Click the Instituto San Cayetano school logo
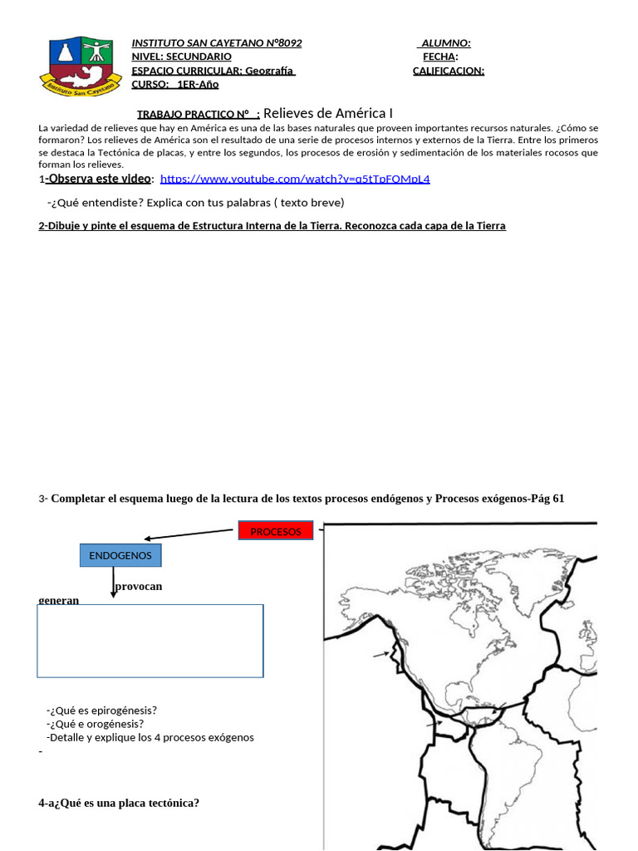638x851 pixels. (81, 66)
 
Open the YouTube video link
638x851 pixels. (295, 179)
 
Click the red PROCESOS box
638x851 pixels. (275, 531)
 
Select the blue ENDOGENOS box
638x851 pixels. (120, 554)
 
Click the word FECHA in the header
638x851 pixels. (439, 57)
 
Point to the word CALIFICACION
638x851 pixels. (448, 71)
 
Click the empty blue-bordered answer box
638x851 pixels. (150, 641)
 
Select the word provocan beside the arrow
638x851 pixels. (139, 586)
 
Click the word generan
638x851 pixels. (59, 599)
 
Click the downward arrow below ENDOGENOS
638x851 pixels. (114, 583)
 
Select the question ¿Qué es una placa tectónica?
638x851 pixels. (119, 803)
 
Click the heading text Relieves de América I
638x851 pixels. (327, 113)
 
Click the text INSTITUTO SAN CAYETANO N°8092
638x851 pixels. (217, 43)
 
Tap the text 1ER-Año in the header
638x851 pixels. (198, 85)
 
